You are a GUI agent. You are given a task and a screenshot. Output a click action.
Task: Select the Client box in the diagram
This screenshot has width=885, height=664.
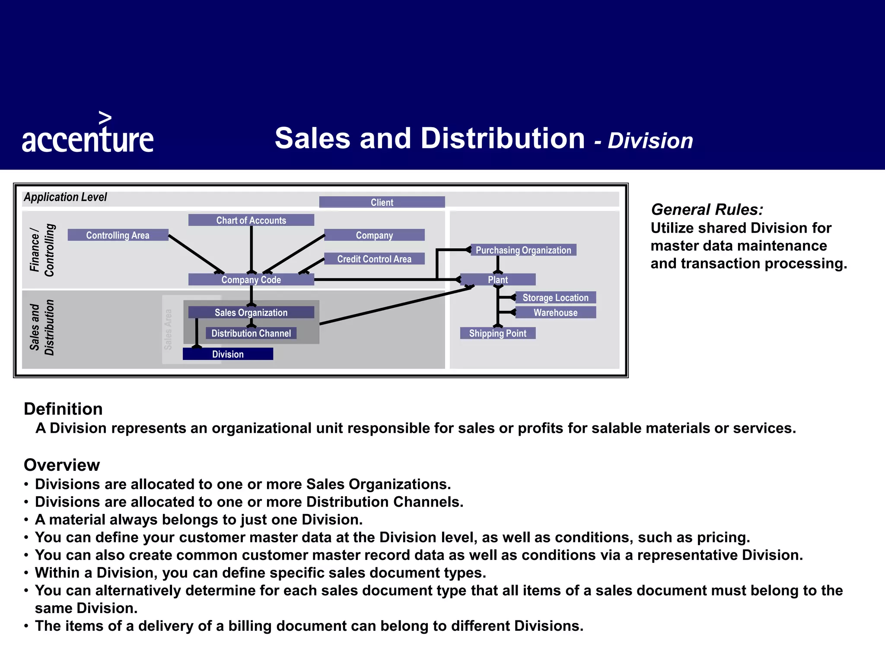pyautogui.click(x=382, y=202)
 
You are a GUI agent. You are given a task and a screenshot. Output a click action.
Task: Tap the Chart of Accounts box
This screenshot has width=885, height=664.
pyautogui.click(x=251, y=220)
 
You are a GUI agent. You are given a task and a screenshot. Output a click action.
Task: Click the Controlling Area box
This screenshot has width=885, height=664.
pyautogui.click(x=118, y=235)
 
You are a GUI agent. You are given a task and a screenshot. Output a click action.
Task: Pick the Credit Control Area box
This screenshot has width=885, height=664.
pyautogui.click(x=374, y=259)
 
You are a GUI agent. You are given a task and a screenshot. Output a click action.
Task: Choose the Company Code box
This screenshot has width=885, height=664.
pyautogui.click(x=251, y=280)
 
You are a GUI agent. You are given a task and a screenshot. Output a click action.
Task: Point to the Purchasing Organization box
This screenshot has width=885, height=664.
pyautogui.click(x=523, y=250)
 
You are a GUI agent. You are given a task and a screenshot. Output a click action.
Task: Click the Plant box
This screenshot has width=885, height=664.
pyautogui.click(x=498, y=280)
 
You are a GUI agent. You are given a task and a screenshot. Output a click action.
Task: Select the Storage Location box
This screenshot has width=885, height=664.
pyautogui.click(x=555, y=297)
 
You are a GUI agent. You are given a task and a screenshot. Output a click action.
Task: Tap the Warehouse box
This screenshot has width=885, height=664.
pyautogui.click(x=555, y=313)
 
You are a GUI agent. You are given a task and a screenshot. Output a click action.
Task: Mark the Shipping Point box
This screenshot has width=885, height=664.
pyautogui.click(x=498, y=333)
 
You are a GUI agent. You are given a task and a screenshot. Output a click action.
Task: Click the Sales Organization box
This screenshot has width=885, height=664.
pyautogui.click(x=251, y=313)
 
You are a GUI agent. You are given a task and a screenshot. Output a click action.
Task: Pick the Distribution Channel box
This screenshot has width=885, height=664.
pyautogui.click(x=251, y=333)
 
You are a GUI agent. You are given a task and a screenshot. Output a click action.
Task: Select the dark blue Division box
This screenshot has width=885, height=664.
pyautogui.click(x=228, y=354)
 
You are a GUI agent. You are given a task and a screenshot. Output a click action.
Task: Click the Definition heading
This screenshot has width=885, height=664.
pyautogui.click(x=63, y=409)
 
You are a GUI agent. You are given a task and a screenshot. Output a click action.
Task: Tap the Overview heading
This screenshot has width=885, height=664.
pyautogui.click(x=62, y=465)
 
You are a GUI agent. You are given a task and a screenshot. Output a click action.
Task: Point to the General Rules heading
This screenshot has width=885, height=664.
pyautogui.click(x=707, y=210)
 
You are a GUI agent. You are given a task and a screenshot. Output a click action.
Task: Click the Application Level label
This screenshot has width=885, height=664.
pyautogui.click(x=65, y=197)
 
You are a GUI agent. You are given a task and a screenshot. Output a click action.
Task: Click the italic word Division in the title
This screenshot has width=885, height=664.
pyautogui.click(x=650, y=141)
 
